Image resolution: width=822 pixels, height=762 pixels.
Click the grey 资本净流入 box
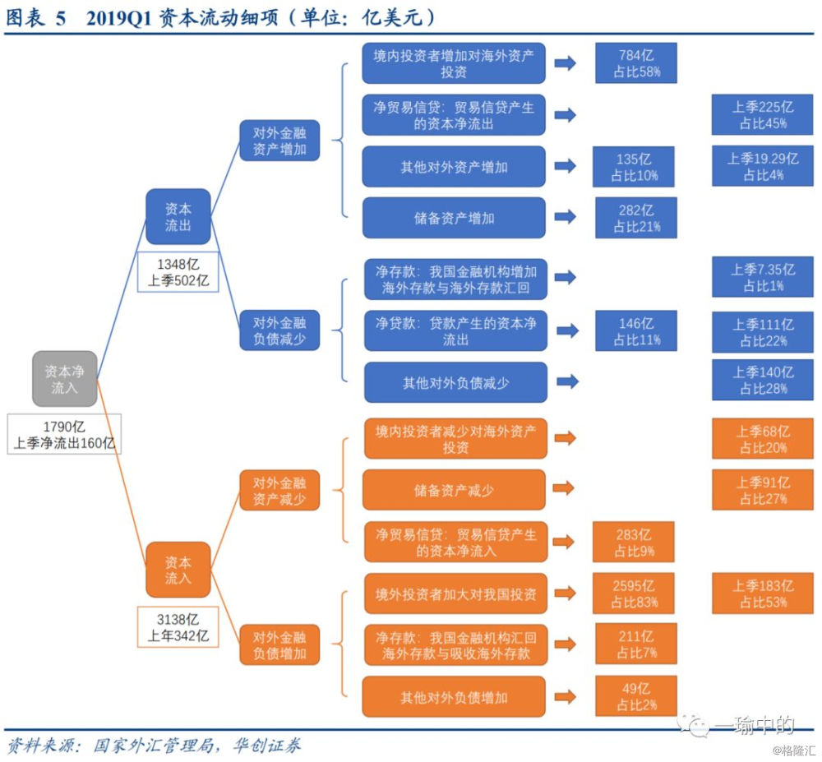click(65, 379)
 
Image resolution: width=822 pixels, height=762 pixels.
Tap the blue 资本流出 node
click(178, 217)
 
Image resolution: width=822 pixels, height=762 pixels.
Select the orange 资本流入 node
click(178, 570)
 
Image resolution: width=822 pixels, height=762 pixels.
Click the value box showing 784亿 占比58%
click(635, 63)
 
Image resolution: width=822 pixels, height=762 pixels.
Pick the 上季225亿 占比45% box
click(762, 115)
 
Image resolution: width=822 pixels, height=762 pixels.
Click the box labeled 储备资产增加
click(454, 218)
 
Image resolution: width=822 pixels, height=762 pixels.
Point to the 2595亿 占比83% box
click(633, 594)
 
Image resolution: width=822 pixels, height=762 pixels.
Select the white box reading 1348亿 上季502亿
click(178, 272)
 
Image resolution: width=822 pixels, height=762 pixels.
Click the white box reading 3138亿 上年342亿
click(178, 626)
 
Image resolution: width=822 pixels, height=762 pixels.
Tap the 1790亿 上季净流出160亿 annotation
click(65, 435)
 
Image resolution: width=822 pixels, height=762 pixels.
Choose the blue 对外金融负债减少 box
click(279, 331)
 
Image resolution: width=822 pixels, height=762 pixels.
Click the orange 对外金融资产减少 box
click(279, 492)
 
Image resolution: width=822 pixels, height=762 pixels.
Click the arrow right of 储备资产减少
click(563, 489)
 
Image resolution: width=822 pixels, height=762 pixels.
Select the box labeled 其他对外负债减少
click(455, 382)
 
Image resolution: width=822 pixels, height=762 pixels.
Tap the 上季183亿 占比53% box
click(762, 594)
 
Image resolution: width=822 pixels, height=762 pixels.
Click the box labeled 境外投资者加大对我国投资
click(455, 593)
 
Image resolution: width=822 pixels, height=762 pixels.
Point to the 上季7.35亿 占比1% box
click(762, 277)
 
